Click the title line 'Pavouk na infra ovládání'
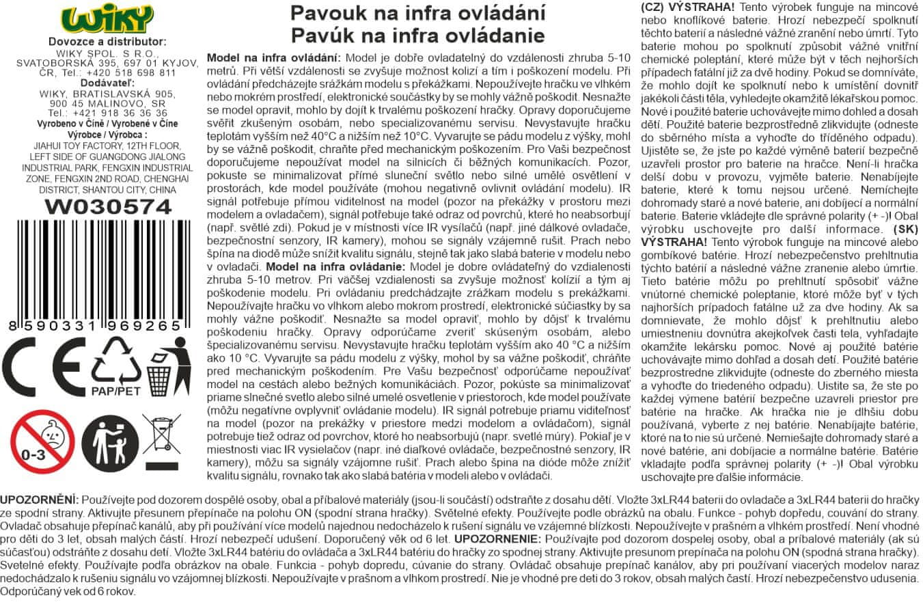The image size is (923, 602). tap(417, 13)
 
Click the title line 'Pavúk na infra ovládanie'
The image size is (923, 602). tap(417, 35)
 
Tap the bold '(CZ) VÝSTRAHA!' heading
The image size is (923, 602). tap(687, 6)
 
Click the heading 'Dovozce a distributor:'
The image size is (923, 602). tap(107, 42)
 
